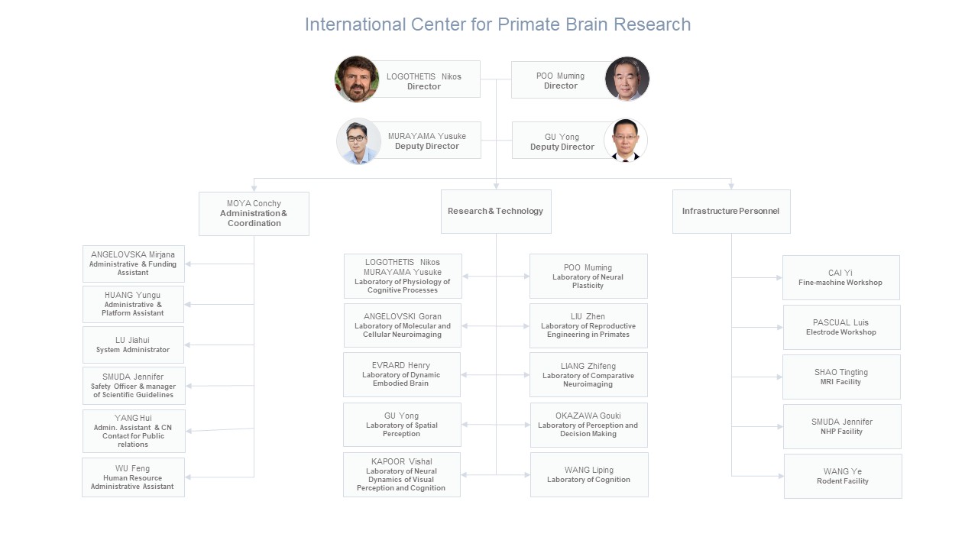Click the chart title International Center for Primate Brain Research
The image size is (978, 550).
[497, 24]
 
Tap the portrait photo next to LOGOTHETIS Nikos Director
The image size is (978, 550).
[357, 79]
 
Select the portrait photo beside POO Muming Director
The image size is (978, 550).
[627, 79]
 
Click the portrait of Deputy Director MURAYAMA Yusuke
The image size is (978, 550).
[358, 141]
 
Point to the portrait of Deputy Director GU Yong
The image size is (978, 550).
[626, 140]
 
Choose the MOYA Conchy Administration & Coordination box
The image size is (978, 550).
[254, 214]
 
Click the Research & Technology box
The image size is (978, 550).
[496, 212]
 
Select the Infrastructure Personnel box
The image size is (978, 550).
[731, 212]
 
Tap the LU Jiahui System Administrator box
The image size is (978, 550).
[133, 345]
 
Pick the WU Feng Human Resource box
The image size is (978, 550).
[133, 477]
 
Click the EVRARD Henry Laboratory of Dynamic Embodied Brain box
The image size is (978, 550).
[402, 374]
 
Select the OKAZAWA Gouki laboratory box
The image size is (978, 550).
[589, 425]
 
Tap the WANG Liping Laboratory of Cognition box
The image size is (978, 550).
[589, 474]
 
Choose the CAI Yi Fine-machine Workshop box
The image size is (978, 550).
[841, 277]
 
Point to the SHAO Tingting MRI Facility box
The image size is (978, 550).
[841, 377]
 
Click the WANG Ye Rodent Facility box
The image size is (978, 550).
[843, 476]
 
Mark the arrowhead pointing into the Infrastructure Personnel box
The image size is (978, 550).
[731, 186]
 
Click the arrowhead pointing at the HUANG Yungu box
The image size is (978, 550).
[187, 304]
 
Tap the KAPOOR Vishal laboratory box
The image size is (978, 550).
[402, 474]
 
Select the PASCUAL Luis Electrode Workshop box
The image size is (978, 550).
[842, 328]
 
